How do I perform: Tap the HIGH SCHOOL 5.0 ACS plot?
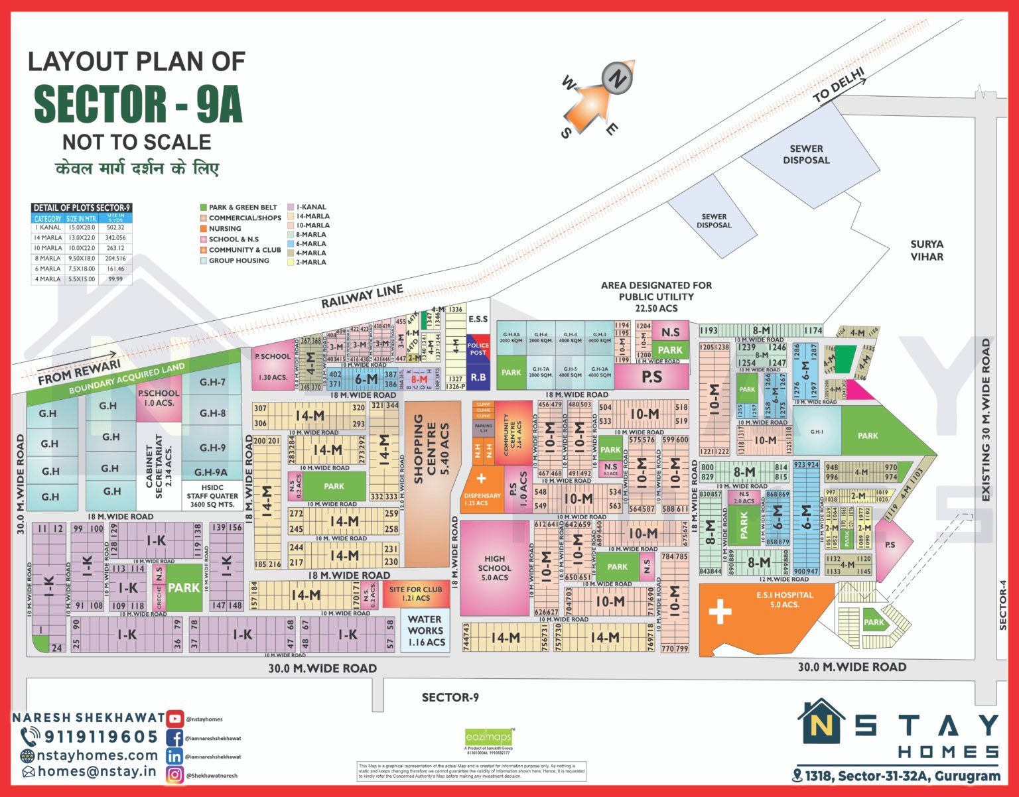pyautogui.click(x=494, y=568)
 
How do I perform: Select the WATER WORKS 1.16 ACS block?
pyautogui.click(x=425, y=631)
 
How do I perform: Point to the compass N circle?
pyautogui.click(x=618, y=78)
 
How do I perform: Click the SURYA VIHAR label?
pyautogui.click(x=926, y=251)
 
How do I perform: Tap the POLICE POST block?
pyautogui.click(x=478, y=349)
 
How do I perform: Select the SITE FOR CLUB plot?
pyautogui.click(x=416, y=593)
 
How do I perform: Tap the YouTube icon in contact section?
pyautogui.click(x=175, y=719)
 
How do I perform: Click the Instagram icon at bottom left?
pyautogui.click(x=175, y=774)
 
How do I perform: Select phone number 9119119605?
pyautogui.click(x=100, y=737)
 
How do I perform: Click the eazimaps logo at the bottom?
pyautogui.click(x=489, y=737)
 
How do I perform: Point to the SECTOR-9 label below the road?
pyautogui.click(x=450, y=698)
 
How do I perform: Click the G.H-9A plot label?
pyautogui.click(x=211, y=472)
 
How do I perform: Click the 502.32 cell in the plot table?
pyautogui.click(x=115, y=227)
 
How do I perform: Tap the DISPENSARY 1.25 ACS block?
pyautogui.click(x=482, y=489)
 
